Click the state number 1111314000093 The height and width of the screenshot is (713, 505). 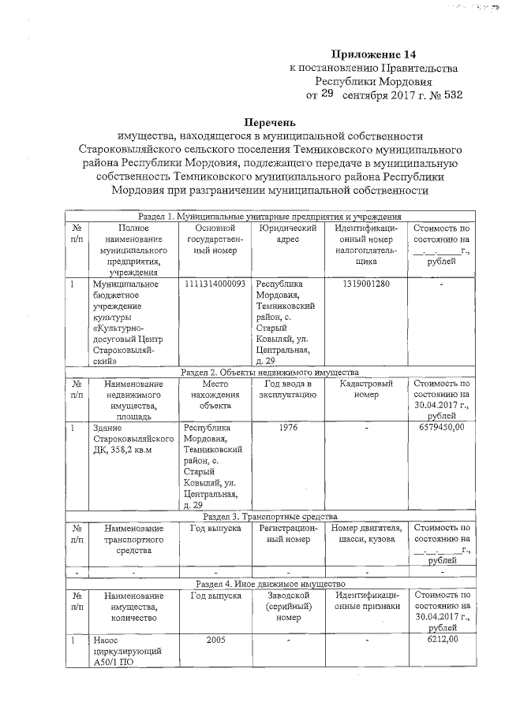pyautogui.click(x=215, y=284)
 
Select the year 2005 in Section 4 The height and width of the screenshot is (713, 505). pyautogui.click(x=215, y=640)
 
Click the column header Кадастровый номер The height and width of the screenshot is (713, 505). pyautogui.click(x=363, y=389)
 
